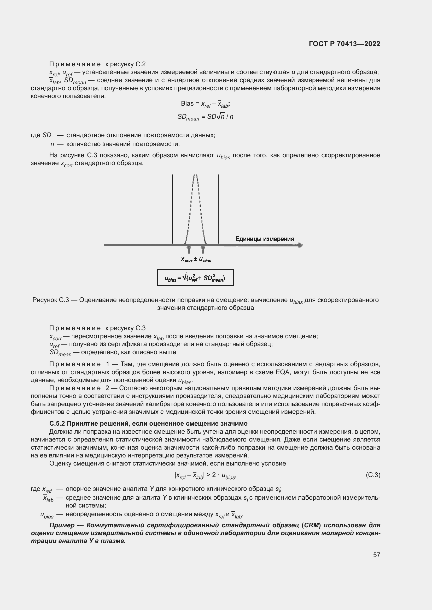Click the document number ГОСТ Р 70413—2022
coord(345,44)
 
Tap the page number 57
coord(376,555)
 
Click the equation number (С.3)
coord(373,475)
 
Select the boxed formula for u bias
coord(196,278)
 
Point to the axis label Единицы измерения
coord(264,239)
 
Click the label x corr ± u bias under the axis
coord(196,259)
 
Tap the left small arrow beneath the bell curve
coord(189,249)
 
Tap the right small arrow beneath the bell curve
coord(203,249)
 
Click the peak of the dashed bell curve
coord(196,176)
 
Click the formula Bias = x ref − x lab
coord(205,104)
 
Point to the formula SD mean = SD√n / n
coord(205,117)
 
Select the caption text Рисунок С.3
coord(51,300)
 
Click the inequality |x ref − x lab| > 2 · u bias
coord(205,475)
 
